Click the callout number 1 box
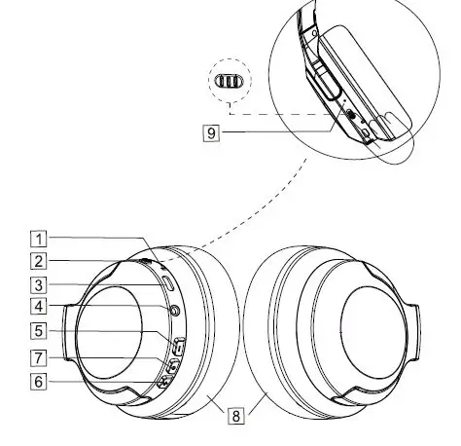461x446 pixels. [37, 238]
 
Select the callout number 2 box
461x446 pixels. [37, 260]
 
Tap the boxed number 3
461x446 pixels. [37, 285]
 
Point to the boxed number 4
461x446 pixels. [37, 308]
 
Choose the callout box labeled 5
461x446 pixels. [37, 330]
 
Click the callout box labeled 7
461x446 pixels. [37, 356]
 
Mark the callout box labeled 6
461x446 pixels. [37, 382]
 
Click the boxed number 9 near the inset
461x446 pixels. [211, 130]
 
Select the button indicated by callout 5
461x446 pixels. [178, 345]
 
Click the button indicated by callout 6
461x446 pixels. [161, 383]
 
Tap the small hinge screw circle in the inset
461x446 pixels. [313, 31]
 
